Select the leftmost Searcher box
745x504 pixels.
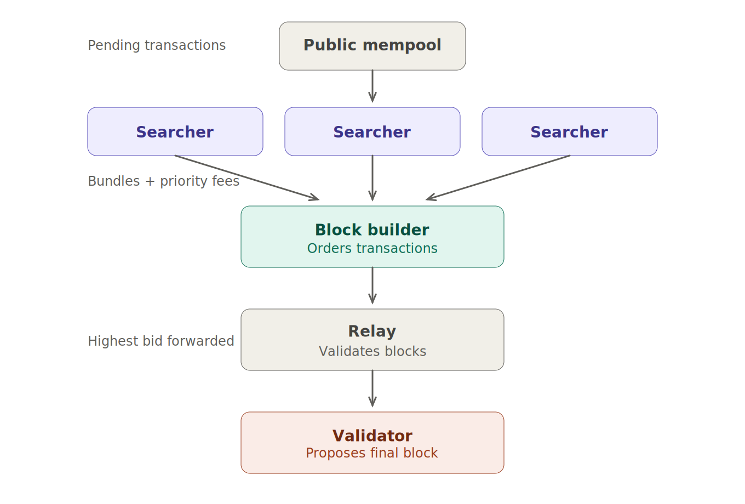click(x=175, y=132)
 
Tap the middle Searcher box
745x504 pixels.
click(x=372, y=132)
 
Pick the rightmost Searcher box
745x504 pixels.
click(x=569, y=132)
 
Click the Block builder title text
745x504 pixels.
click(x=372, y=230)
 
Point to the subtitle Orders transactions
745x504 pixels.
click(x=372, y=249)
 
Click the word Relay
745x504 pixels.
click(x=372, y=331)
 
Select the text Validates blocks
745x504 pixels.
click(x=373, y=352)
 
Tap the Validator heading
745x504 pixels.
click(x=372, y=436)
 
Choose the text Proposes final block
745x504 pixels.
click(x=372, y=454)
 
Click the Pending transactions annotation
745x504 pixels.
click(x=157, y=45)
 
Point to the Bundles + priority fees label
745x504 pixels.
click(x=163, y=181)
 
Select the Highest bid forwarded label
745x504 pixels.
click(x=161, y=341)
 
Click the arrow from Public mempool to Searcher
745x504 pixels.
click(x=373, y=85)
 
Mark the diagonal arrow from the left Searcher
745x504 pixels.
click(x=247, y=177)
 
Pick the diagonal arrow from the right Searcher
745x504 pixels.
click(x=498, y=177)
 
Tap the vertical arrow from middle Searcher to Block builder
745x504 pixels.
click(x=373, y=178)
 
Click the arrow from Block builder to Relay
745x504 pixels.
click(x=373, y=285)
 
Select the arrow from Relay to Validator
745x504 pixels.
click(x=373, y=388)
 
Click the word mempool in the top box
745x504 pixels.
click(x=409, y=45)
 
